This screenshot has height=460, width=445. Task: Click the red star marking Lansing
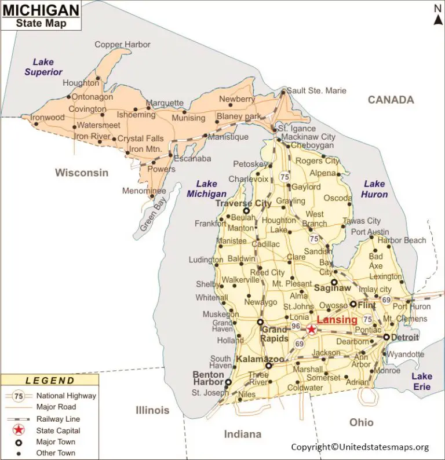[312, 329]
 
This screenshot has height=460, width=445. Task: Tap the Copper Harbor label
[122, 45]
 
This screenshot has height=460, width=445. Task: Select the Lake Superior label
[43, 67]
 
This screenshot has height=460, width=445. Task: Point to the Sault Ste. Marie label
[317, 90]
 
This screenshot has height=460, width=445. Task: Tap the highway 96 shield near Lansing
[296, 326]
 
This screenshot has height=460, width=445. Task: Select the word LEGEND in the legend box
[50, 381]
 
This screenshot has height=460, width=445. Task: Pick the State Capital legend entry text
[59, 430]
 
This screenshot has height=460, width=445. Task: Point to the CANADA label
[391, 100]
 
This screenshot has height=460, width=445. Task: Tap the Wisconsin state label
[82, 172]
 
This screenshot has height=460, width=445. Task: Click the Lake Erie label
[422, 381]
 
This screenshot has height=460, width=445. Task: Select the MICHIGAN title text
[41, 10]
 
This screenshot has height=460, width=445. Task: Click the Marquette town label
[165, 103]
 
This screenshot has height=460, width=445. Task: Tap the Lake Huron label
[374, 189]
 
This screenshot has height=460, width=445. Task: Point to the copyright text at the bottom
[360, 447]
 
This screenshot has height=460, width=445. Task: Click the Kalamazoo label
[260, 359]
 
